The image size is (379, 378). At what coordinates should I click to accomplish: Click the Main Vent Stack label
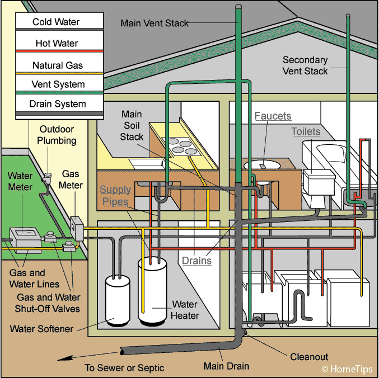coord(155,23)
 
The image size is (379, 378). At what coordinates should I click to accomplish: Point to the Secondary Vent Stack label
coord(306,65)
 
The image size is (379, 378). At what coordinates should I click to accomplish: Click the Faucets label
coord(273,116)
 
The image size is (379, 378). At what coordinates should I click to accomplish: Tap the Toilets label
coord(306,132)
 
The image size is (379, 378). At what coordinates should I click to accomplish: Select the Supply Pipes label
coord(115,196)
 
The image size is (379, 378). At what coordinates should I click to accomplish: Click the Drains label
coord(196,260)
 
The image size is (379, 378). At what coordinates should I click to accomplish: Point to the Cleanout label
coord(309,356)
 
